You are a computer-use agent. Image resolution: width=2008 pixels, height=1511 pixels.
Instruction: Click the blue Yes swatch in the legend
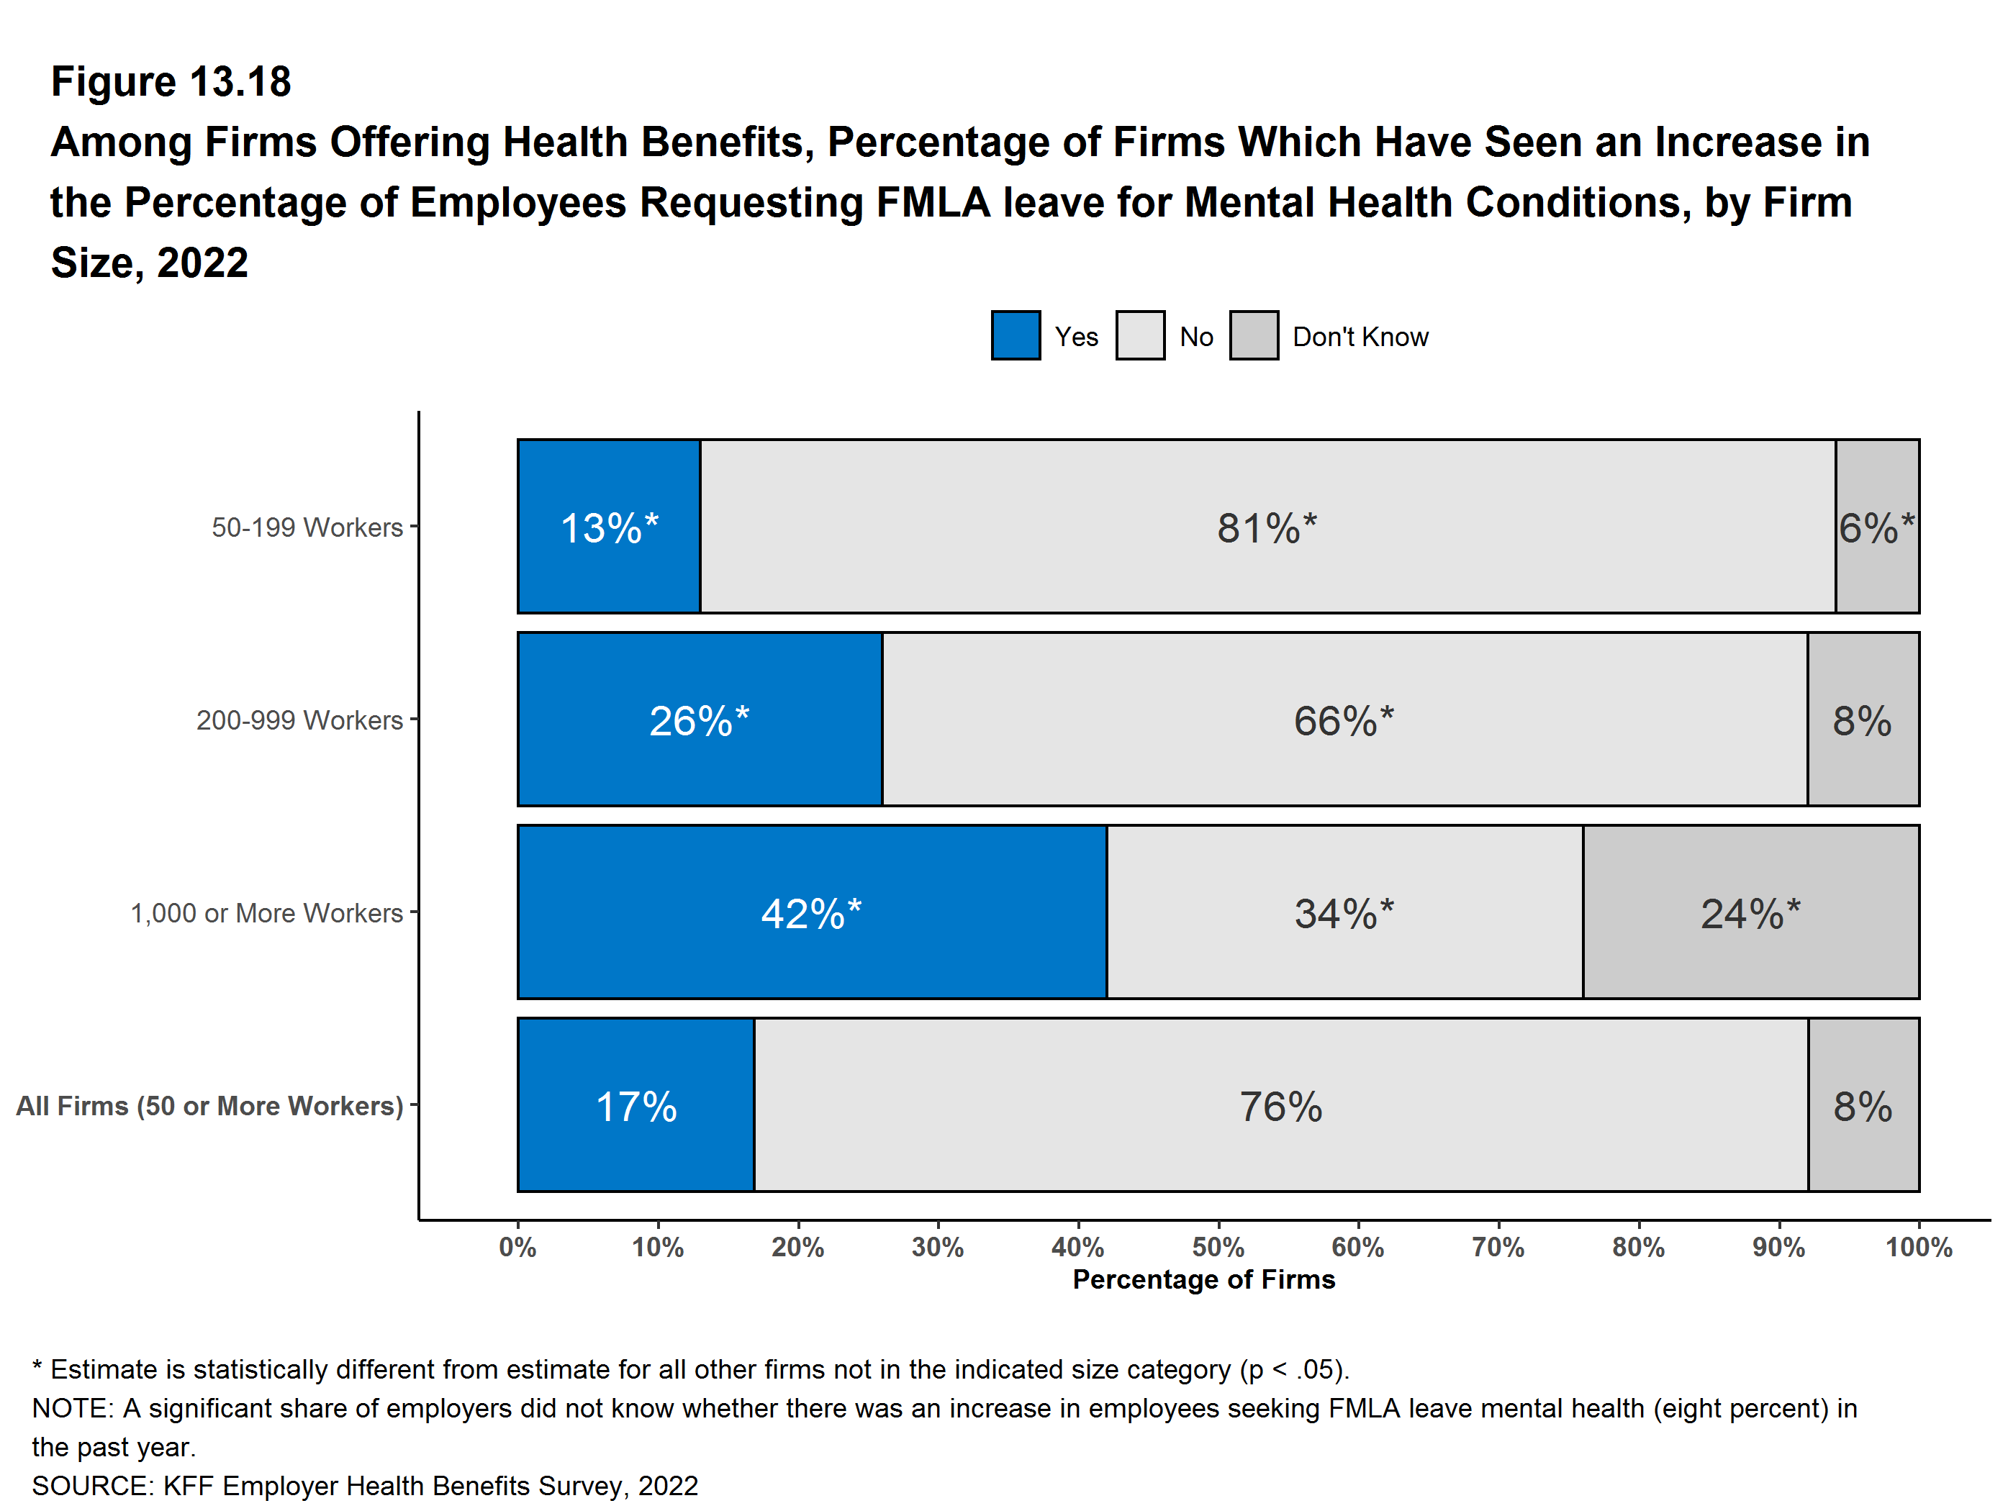coord(1015,336)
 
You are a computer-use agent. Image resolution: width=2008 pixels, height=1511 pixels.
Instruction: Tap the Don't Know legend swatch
coord(1254,336)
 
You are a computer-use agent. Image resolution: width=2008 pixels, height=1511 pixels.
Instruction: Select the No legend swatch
coord(1139,336)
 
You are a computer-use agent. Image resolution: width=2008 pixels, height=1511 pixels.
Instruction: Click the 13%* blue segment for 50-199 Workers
coord(608,527)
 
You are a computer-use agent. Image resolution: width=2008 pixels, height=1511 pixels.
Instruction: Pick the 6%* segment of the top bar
coord(1876,527)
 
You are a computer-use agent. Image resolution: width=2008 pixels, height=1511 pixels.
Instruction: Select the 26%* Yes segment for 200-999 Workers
coord(699,720)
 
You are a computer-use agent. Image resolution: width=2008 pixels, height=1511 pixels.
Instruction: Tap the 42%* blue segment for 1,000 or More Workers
coord(812,912)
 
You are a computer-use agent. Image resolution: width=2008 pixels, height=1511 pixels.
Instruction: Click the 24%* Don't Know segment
coord(1750,912)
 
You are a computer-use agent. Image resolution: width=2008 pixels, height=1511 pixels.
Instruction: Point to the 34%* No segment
coord(1344,912)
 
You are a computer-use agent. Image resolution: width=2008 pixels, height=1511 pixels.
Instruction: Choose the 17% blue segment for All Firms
coord(636,1105)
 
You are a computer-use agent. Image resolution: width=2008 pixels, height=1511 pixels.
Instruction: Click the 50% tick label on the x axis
coord(1218,1248)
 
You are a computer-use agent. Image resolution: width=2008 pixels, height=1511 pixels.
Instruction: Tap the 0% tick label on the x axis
coord(517,1248)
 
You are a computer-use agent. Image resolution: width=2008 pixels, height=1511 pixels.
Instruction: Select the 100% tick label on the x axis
coord(1918,1248)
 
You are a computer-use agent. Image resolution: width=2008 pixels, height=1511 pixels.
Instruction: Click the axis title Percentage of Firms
coord(1203,1279)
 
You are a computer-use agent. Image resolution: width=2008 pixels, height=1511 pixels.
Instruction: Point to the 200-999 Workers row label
coord(299,720)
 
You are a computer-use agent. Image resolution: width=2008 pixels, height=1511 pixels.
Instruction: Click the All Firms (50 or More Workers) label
coord(209,1106)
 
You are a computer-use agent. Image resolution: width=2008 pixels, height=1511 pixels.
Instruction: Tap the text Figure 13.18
coord(171,82)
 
